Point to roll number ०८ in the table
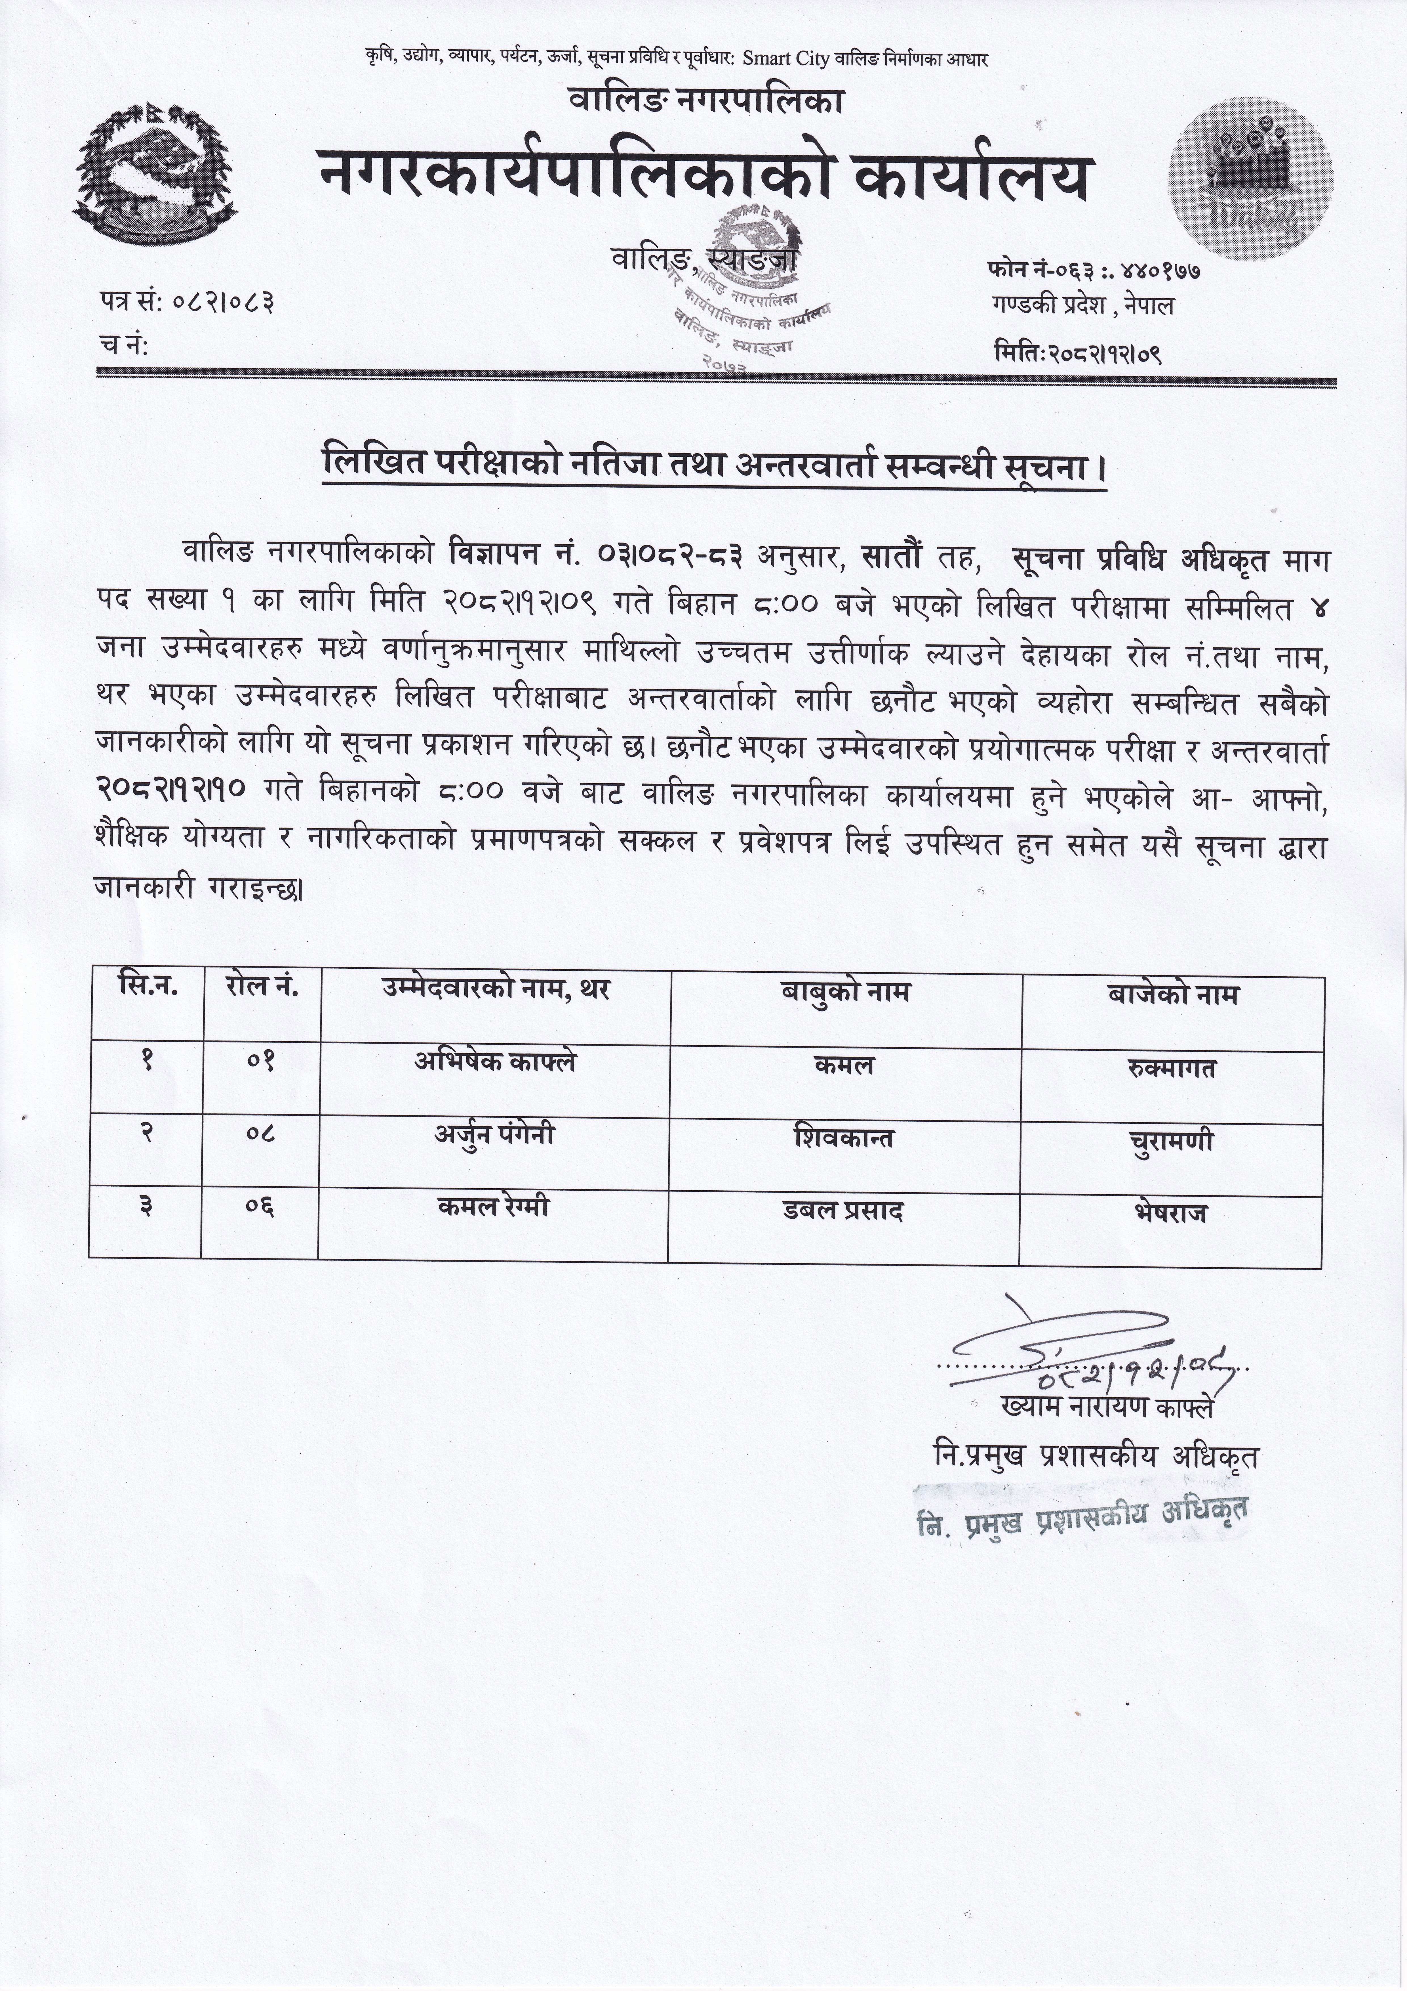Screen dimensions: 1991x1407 [260, 1132]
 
